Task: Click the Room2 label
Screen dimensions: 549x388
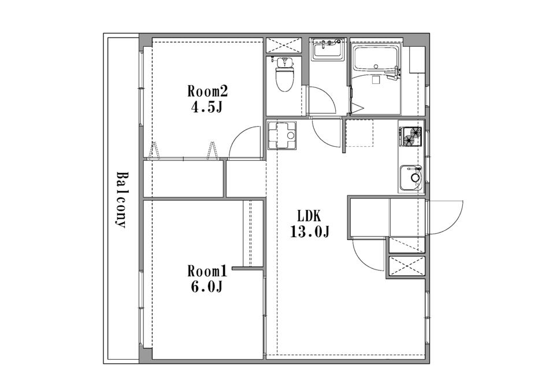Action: coord(207,91)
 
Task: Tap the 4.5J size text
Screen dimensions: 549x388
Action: coord(207,107)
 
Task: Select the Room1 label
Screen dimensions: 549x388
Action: coord(207,271)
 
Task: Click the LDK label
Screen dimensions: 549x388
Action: coord(309,216)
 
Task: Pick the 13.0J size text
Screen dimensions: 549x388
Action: coord(310,231)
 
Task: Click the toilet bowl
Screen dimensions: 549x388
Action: coord(285,75)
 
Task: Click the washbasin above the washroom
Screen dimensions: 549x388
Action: coord(328,49)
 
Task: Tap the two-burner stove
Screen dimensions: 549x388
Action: coord(411,136)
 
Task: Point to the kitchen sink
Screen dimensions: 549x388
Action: coord(411,178)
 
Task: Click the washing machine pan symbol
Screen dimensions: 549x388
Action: coord(282,135)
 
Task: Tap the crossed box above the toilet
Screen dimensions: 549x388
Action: coord(284,45)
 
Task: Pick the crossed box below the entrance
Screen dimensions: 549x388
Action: coord(407,266)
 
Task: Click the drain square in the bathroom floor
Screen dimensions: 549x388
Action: coord(376,80)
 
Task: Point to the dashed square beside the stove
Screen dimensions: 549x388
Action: coord(359,133)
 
